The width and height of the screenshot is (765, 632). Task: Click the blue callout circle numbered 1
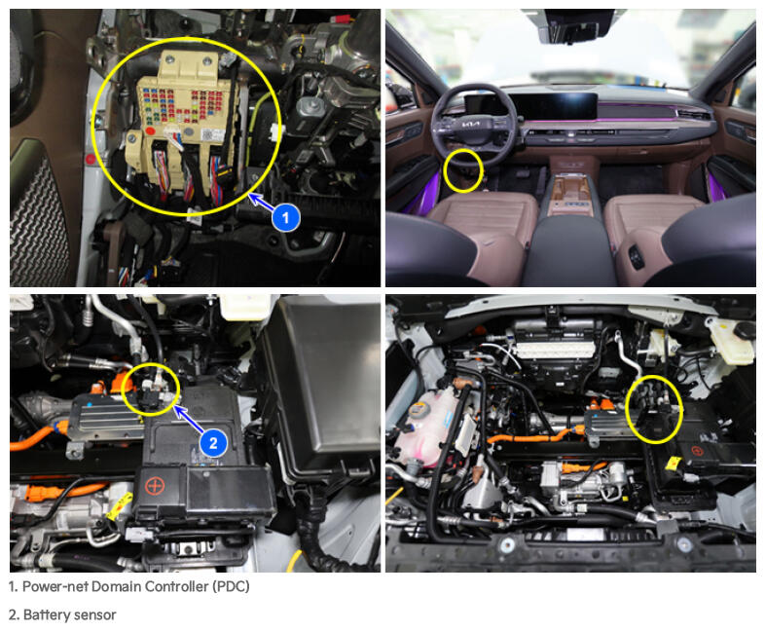coord(286,217)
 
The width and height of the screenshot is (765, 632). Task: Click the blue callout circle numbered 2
coord(213,443)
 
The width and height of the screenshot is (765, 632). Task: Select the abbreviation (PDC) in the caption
coord(231,586)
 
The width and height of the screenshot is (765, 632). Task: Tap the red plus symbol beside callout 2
coord(156,486)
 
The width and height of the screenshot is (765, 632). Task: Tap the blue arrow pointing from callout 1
coord(262,203)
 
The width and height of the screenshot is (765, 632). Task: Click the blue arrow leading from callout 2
coord(188,419)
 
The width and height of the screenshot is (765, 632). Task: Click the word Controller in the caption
coord(176,586)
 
